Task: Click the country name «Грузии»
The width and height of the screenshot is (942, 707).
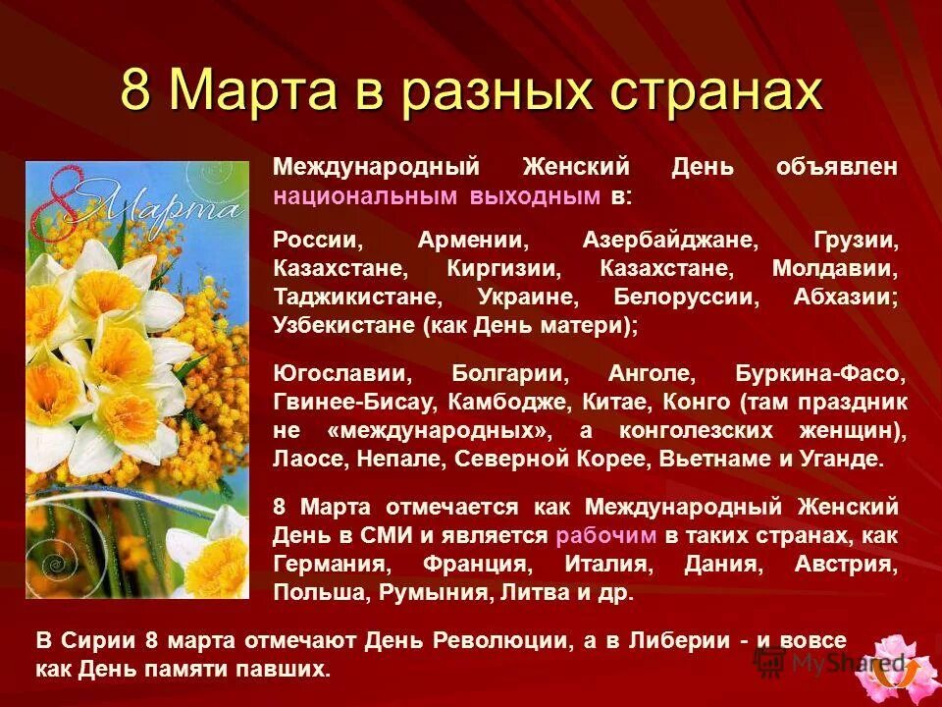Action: coord(855,240)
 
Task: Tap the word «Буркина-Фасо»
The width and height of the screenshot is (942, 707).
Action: coord(819,374)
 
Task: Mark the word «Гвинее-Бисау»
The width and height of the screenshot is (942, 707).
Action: coord(355,403)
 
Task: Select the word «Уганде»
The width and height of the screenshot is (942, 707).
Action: coord(847,459)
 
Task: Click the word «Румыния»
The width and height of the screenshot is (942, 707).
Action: coord(432,592)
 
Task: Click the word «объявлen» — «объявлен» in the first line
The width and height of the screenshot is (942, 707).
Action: coord(836,166)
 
